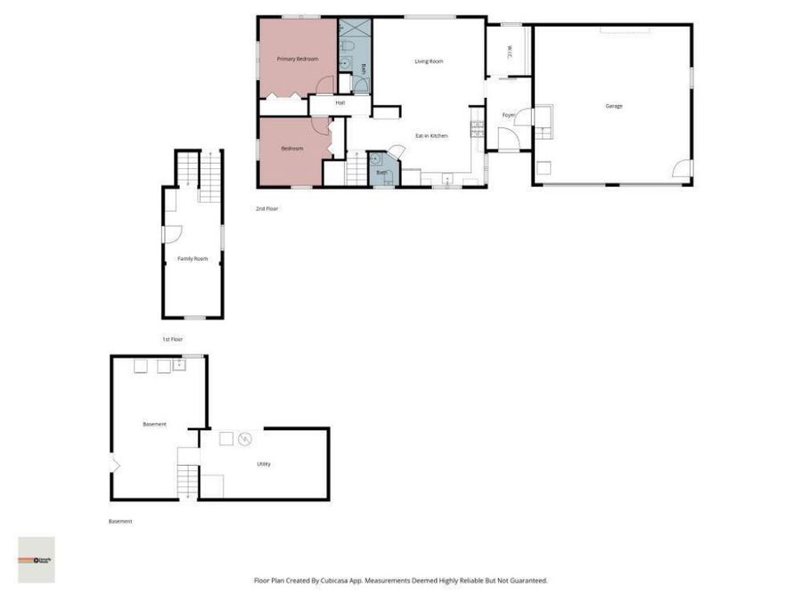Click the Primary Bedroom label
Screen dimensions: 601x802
[298, 59]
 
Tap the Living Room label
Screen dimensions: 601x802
[429, 61]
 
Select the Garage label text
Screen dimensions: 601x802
[614, 106]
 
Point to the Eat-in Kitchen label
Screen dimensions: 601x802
[431, 135]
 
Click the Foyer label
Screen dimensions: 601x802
[509, 115]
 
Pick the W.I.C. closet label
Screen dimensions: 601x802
[508, 51]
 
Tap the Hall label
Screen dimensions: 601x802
[340, 103]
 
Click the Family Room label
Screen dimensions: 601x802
[192, 258]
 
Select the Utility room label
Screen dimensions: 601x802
[264, 464]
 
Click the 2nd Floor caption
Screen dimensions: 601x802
[267, 208]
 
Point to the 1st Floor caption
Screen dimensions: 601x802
[172, 339]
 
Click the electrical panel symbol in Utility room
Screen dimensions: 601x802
[245, 438]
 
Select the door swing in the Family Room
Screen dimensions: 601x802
[173, 233]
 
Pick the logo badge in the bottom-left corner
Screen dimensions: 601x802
[37, 559]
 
